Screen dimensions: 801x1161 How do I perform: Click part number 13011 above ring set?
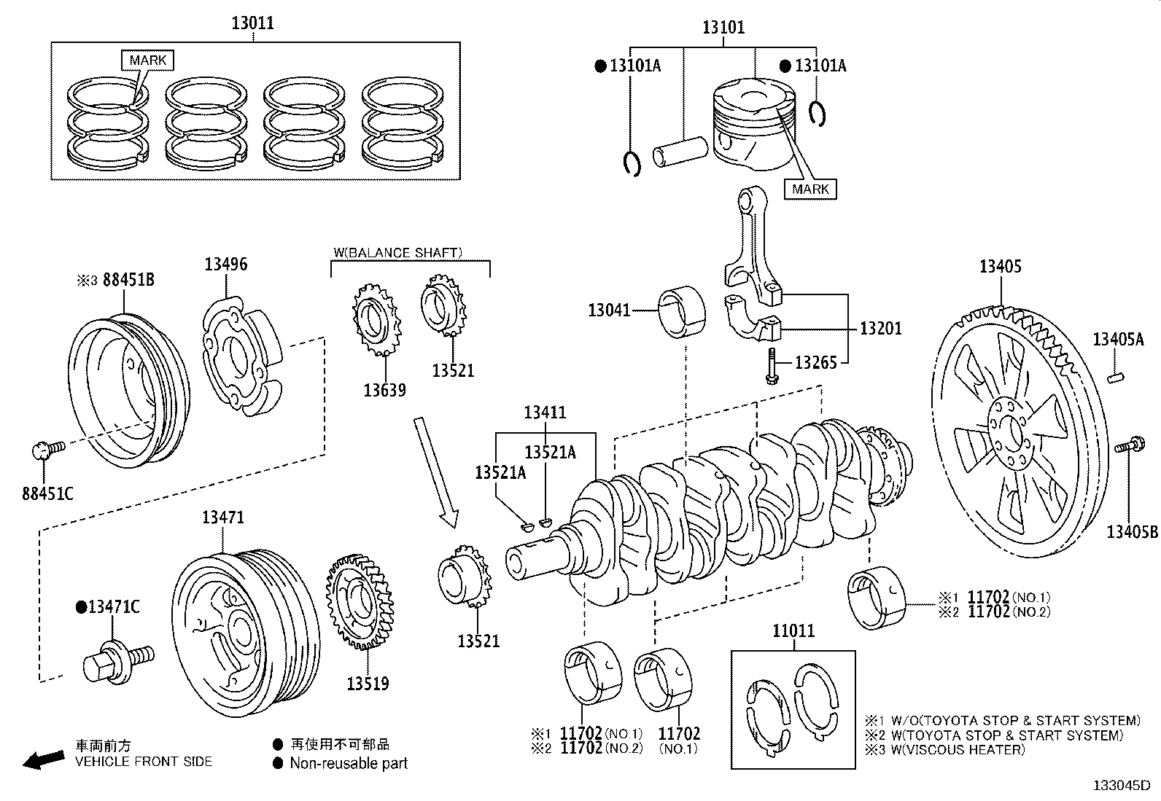[x=253, y=23]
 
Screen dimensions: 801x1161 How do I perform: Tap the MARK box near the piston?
[x=811, y=189]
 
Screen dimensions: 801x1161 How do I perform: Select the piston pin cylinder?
[x=680, y=153]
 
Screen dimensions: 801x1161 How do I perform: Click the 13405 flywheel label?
[x=1000, y=267]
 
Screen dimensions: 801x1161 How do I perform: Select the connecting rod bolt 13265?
[x=772, y=365]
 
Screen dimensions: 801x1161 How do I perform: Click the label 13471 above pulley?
[x=223, y=517]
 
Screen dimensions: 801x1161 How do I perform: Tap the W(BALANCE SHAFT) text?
[x=397, y=253]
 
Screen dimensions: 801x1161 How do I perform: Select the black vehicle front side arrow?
[x=43, y=759]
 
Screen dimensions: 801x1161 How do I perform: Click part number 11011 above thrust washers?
[x=793, y=631]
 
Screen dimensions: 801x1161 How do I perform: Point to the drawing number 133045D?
[x=1121, y=786]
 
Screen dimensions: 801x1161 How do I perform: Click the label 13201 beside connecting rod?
[x=881, y=329]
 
